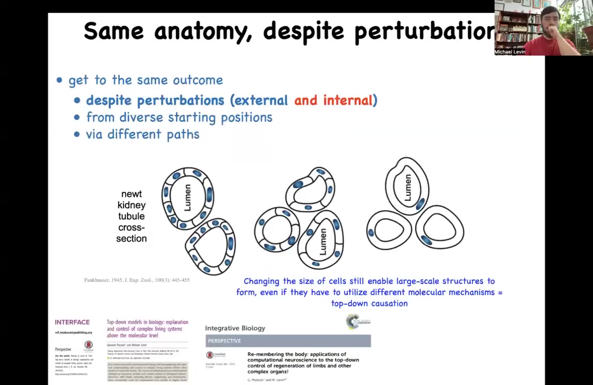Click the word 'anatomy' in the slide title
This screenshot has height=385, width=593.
click(x=203, y=31)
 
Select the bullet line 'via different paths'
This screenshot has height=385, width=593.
click(x=142, y=134)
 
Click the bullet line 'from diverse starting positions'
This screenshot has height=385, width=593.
click(x=179, y=117)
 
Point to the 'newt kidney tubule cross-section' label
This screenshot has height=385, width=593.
click(x=131, y=216)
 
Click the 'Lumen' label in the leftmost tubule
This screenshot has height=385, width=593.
click(x=188, y=198)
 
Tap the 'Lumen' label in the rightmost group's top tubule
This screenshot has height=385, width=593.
click(x=408, y=187)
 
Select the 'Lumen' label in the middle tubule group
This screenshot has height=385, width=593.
click(x=323, y=241)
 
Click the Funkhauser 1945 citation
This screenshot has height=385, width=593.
click(x=136, y=280)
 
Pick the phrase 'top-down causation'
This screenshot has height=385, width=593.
click(x=369, y=304)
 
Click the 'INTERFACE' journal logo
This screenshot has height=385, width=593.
click(x=72, y=322)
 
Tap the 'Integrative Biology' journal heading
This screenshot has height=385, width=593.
click(x=235, y=328)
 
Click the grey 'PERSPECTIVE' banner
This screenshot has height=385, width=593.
click(x=288, y=341)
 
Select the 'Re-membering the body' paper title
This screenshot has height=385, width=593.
click(x=303, y=363)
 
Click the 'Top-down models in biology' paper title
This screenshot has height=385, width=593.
click(x=147, y=328)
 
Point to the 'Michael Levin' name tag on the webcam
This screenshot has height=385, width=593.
click(x=510, y=52)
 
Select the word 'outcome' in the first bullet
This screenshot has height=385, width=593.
click(x=201, y=80)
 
